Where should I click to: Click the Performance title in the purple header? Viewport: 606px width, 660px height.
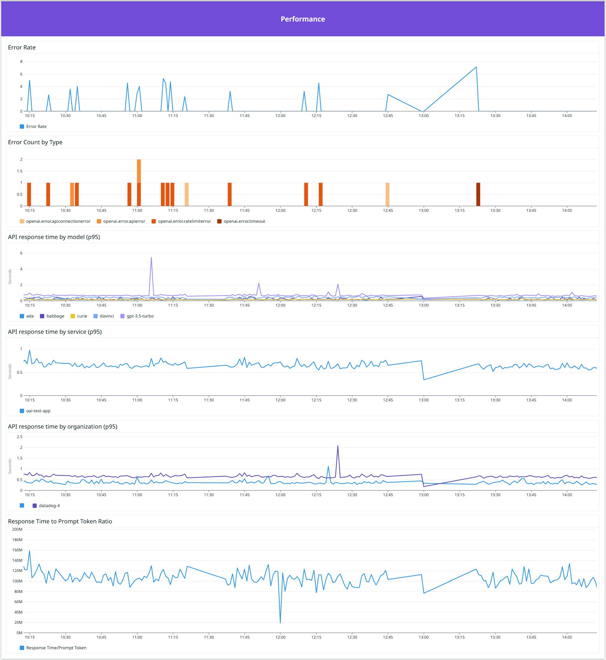coord(303,19)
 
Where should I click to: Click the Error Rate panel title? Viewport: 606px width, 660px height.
coord(22,48)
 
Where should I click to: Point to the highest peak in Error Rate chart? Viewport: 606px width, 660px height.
coord(476,67)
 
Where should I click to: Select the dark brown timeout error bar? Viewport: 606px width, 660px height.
coord(478,194)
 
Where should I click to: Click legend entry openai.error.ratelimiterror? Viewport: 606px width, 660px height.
coord(184,221)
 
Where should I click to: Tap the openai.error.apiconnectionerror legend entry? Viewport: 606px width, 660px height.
coord(58,221)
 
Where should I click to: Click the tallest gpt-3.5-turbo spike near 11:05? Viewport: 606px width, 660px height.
coord(151,258)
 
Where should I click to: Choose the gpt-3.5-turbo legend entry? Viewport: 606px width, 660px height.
coord(140,316)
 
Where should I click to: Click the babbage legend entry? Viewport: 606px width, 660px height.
coord(55,316)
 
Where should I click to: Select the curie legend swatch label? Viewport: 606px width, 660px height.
coord(82,316)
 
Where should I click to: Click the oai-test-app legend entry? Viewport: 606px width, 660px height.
coord(38,411)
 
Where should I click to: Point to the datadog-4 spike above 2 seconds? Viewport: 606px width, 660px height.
coord(338,446)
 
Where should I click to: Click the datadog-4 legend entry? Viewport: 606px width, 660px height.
coord(49,506)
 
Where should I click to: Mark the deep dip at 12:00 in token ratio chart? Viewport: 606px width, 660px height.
coord(280,622)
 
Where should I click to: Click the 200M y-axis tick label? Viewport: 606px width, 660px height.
coord(17,530)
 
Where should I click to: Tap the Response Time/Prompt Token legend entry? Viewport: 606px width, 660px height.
coord(56,648)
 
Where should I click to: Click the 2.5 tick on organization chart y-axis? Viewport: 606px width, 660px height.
coord(19,437)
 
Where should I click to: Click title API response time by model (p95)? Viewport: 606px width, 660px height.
coord(54,237)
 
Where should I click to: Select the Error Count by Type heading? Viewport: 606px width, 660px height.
coord(35,142)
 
